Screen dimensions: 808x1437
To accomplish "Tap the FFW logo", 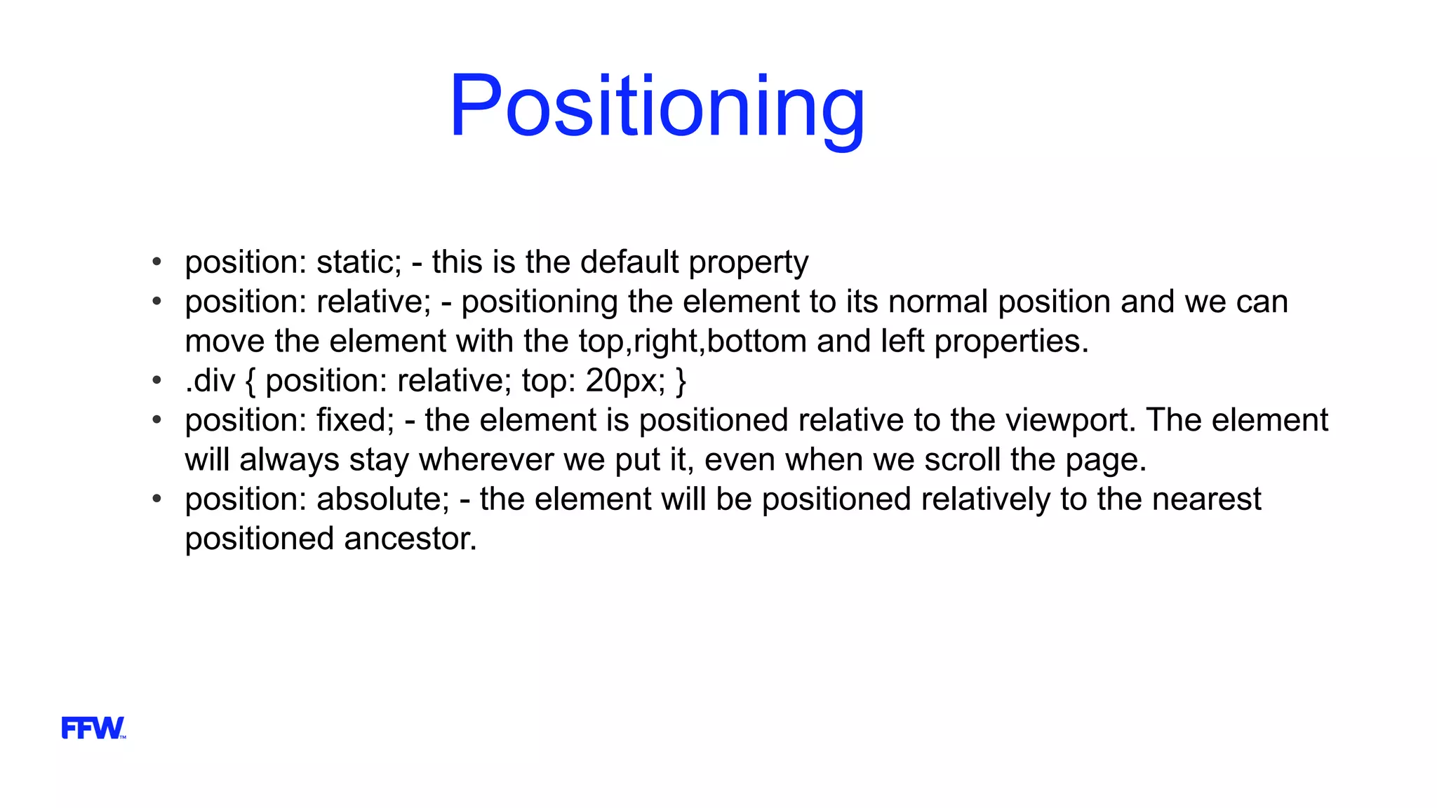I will (93, 728).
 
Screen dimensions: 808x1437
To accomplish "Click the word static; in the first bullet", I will (359, 262).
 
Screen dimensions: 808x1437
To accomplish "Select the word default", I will (629, 262).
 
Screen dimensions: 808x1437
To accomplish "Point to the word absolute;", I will (382, 499).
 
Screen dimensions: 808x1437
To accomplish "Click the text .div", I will (210, 381).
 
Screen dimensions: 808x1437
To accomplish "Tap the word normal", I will (938, 302).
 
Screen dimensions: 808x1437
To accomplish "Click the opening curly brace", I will (251, 381).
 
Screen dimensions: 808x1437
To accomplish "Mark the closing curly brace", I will (681, 381).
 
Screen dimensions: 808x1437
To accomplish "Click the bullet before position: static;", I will (157, 262).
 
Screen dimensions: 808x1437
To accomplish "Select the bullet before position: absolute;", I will (157, 499).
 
